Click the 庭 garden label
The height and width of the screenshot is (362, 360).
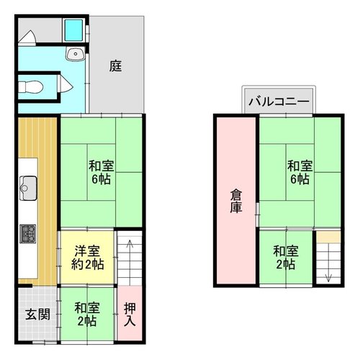(x=116, y=66)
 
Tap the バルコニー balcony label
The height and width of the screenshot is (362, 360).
(x=279, y=101)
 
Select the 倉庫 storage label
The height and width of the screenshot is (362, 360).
(x=236, y=201)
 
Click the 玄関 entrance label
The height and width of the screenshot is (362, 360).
(x=38, y=315)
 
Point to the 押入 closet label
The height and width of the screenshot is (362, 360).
(x=130, y=315)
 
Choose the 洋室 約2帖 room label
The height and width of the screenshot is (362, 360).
(x=87, y=258)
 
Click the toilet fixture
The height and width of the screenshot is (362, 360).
(x=31, y=86)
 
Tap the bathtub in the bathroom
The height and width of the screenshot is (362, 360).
(x=73, y=30)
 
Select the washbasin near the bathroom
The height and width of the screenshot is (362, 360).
(x=76, y=54)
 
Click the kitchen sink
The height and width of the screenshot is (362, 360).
(x=28, y=188)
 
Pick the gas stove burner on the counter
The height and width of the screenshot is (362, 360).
(x=28, y=234)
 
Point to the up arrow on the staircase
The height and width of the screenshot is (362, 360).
(x=130, y=261)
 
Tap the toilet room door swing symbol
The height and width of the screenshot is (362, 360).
(x=65, y=85)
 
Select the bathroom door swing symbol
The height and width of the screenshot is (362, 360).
(x=27, y=37)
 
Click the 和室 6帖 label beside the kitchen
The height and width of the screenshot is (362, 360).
(x=101, y=172)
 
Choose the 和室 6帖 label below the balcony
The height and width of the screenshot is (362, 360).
(x=300, y=172)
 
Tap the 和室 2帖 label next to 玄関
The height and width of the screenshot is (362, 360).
(x=87, y=315)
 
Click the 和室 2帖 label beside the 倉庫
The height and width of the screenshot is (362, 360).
(x=286, y=258)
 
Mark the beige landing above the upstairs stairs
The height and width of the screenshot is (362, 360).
(x=328, y=237)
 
